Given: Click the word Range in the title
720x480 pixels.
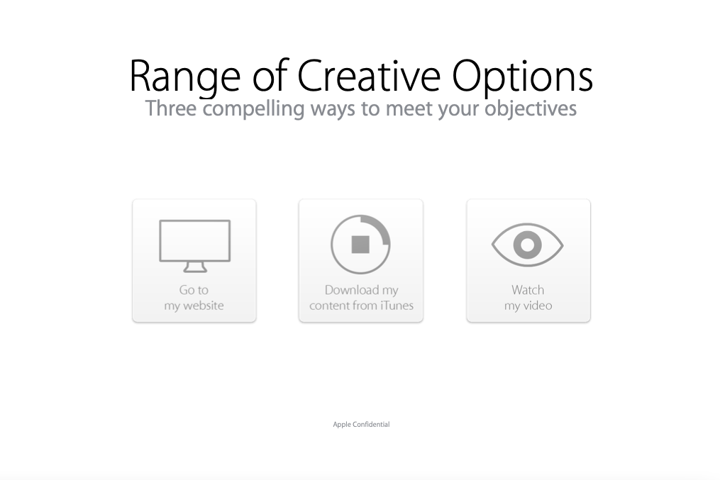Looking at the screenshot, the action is pyautogui.click(x=185, y=77).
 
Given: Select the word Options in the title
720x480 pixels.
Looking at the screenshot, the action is pyautogui.click(x=523, y=77).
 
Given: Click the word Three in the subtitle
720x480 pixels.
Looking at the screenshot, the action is pyautogui.click(x=171, y=108).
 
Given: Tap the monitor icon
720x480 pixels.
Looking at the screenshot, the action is pyautogui.click(x=194, y=246).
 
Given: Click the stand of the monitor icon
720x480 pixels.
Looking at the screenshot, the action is pyautogui.click(x=194, y=267).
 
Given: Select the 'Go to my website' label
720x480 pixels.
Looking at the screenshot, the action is pyautogui.click(x=194, y=297).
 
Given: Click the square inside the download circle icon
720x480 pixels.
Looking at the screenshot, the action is pyautogui.click(x=360, y=245).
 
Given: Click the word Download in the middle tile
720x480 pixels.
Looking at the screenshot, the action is pyautogui.click(x=352, y=290).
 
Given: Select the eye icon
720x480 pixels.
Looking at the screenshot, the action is pyautogui.click(x=528, y=245).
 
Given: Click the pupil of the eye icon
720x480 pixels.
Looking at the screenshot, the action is pyautogui.click(x=528, y=245).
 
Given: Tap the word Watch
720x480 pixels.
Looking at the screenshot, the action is pyautogui.click(x=528, y=290).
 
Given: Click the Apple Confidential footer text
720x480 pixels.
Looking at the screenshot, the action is pyautogui.click(x=361, y=425).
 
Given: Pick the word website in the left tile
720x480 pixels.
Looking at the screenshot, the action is pyautogui.click(x=203, y=305).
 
